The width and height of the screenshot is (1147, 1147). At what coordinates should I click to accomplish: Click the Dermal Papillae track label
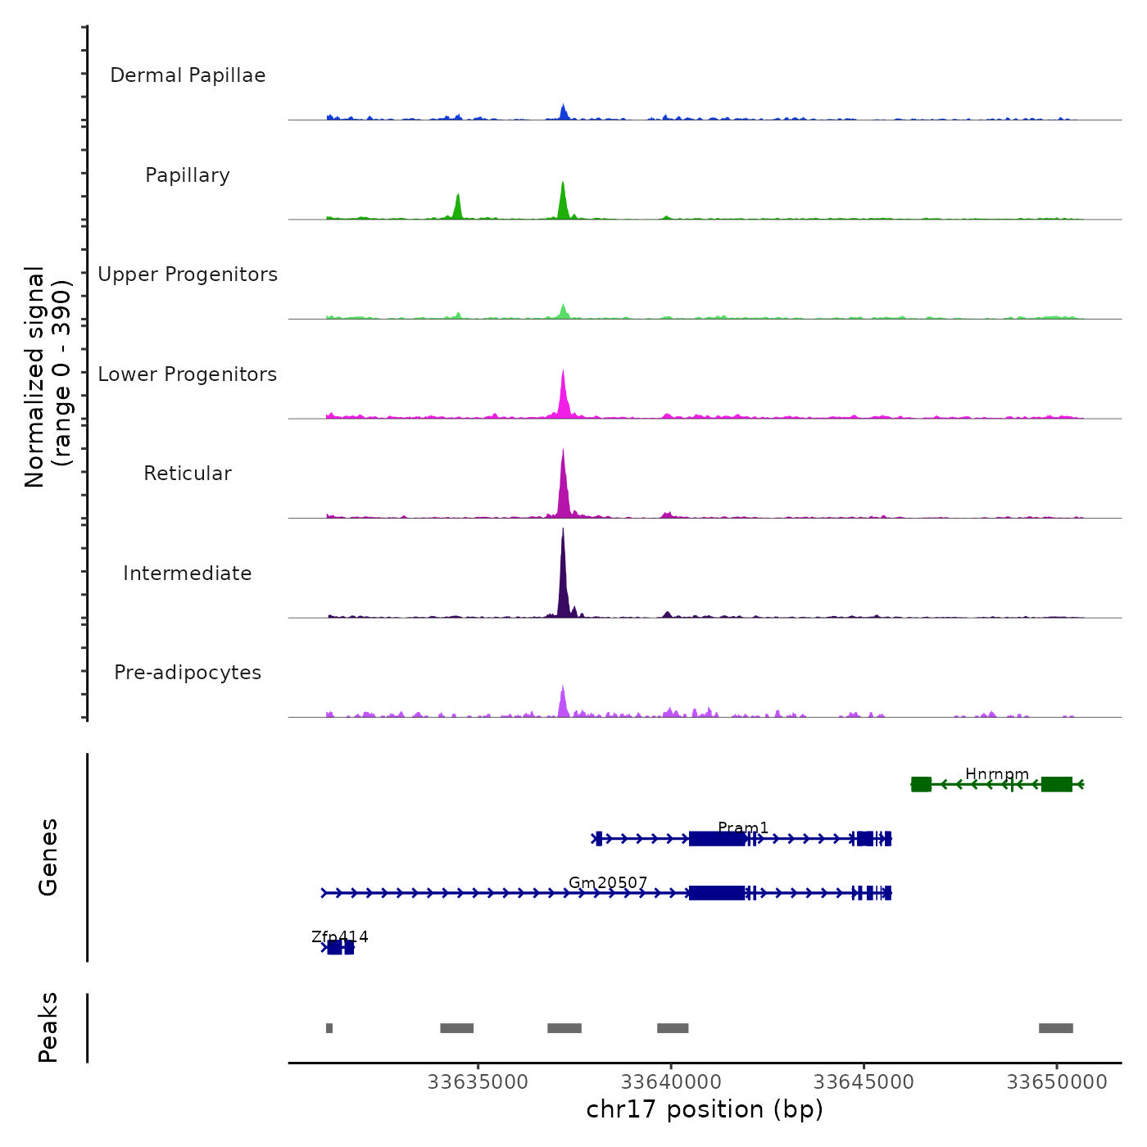coord(188,75)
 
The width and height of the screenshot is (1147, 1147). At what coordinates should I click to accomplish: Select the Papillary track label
coord(188,175)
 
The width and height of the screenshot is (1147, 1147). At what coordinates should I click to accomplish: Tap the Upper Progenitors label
coord(188,274)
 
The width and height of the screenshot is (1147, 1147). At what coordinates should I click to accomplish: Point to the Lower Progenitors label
coord(188,374)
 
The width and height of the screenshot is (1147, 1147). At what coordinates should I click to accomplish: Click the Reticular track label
coord(188,474)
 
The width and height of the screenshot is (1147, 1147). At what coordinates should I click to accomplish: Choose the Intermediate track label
coord(188,573)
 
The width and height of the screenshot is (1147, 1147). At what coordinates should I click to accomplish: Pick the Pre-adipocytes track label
coord(188,673)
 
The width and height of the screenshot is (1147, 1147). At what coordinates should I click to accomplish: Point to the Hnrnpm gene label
coord(996,774)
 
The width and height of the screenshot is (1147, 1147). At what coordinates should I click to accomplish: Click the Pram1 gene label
coord(743,828)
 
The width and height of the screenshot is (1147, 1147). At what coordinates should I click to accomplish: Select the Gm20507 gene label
coord(608,882)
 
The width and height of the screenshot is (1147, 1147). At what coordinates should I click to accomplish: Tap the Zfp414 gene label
coord(340,936)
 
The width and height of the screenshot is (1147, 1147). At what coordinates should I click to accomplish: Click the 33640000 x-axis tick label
coord(671,1081)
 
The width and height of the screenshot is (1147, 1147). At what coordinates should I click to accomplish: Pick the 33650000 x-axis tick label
coord(1057,1081)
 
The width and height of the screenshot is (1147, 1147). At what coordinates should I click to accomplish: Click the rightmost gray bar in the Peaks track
coord(1055,1028)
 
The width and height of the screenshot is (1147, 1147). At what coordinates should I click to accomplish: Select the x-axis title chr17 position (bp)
coord(705,1109)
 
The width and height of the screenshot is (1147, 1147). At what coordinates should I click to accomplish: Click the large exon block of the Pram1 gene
coord(717,838)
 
